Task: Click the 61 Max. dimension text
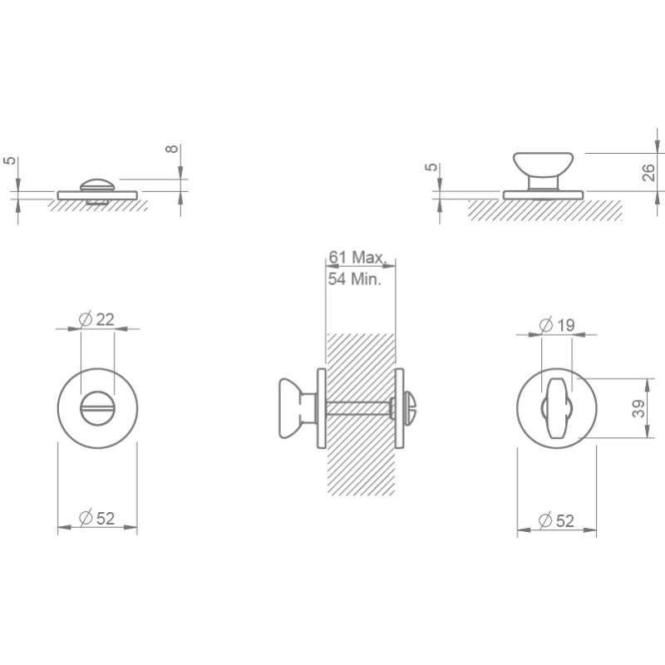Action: point(357,258)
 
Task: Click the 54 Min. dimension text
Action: point(355,279)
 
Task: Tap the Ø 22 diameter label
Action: point(96,319)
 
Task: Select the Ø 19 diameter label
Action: point(557,325)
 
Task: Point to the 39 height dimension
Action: point(638,408)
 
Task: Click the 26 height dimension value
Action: point(648,173)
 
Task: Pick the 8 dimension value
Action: point(172,149)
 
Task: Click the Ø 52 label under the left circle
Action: point(97,518)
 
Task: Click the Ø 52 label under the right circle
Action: point(556,520)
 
